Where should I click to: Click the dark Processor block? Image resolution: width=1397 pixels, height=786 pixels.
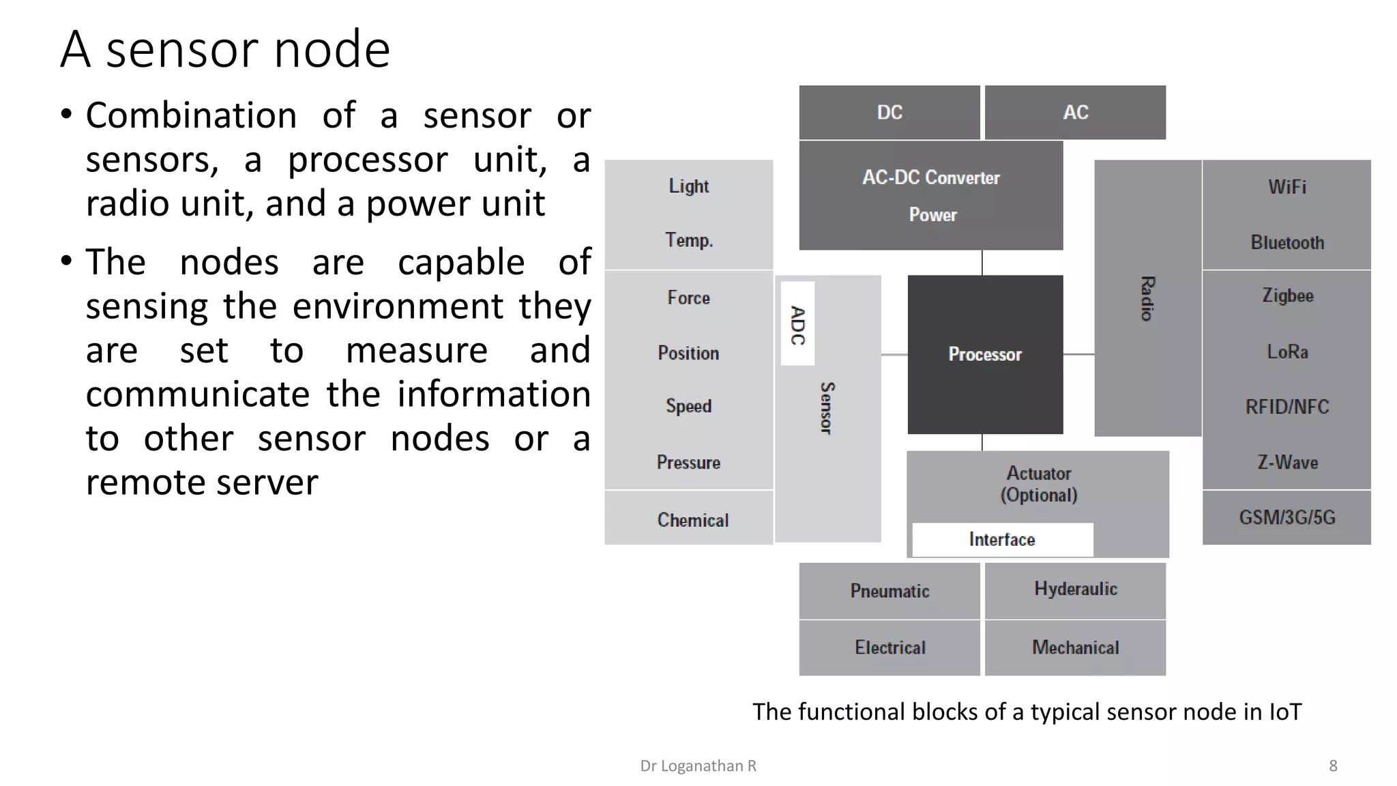[x=984, y=354]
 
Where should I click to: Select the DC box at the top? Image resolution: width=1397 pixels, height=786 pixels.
[x=889, y=113]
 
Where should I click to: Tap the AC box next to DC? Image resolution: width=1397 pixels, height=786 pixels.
[x=1075, y=113]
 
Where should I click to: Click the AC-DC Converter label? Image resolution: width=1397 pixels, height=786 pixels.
[x=930, y=177]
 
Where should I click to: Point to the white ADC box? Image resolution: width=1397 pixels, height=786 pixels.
[x=797, y=324]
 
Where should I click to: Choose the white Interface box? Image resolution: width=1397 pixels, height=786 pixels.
[x=1001, y=540]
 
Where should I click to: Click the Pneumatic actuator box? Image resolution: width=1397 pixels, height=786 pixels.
[x=889, y=591]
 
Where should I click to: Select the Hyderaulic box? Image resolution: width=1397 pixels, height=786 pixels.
[x=1075, y=589]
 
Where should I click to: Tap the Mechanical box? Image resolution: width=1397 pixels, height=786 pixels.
[x=1075, y=647]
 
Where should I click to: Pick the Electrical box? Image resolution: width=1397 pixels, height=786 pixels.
[x=889, y=647]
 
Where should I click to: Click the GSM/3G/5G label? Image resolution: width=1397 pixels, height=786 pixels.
[x=1286, y=517]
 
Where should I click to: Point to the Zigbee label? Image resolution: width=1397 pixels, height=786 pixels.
[x=1286, y=295]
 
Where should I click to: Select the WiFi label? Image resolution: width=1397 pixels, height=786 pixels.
[x=1286, y=187]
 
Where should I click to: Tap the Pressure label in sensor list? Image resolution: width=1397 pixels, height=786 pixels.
[x=688, y=463]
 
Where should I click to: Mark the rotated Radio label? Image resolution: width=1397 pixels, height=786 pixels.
[x=1147, y=298]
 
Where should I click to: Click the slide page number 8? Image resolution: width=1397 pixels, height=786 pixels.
[x=1333, y=766]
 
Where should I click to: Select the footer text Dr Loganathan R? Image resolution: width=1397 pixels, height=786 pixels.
[x=698, y=766]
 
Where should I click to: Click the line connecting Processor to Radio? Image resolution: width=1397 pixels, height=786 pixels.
[x=1078, y=354]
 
